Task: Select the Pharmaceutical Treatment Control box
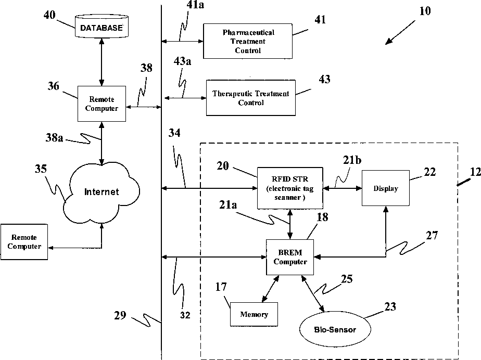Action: coord(248,41)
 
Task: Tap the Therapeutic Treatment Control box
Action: coord(251,98)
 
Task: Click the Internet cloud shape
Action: coord(102,192)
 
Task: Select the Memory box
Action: coord(254,314)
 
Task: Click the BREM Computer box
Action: coord(290,257)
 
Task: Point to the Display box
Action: coord(385,188)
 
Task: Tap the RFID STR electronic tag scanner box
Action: coord(290,188)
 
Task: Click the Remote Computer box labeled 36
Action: coord(102,104)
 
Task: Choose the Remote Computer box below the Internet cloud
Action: coord(24,242)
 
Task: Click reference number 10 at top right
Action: coord(425,11)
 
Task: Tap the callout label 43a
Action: coord(183,62)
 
